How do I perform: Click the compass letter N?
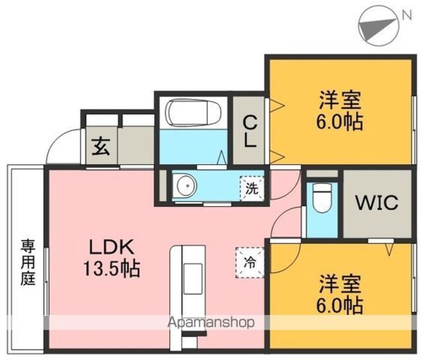(406, 16)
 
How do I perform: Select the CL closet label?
(250, 132)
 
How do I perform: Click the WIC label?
(377, 202)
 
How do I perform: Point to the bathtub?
(193, 113)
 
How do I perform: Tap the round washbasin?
(185, 185)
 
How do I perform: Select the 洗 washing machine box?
(252, 189)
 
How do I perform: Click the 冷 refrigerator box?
(250, 262)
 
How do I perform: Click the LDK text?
(111, 247)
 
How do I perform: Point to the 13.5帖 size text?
(111, 269)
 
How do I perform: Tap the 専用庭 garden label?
(28, 262)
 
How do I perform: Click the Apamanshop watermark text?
(211, 322)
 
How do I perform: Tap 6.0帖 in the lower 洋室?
(340, 305)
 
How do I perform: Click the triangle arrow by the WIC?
(390, 249)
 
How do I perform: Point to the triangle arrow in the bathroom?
(222, 157)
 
